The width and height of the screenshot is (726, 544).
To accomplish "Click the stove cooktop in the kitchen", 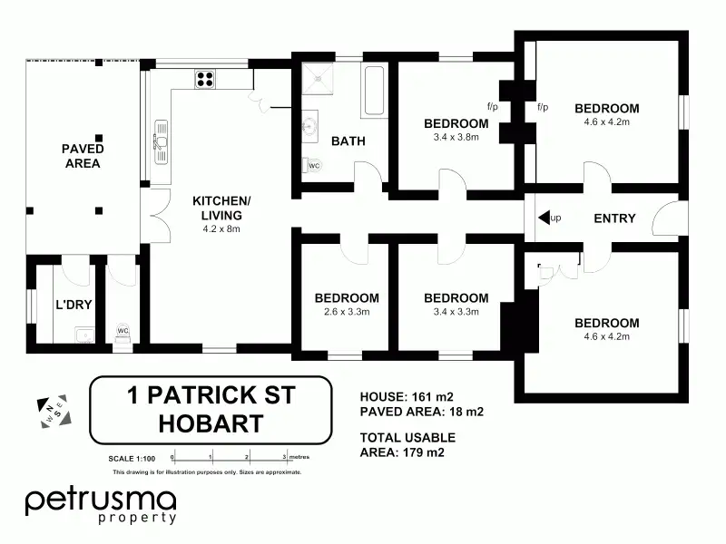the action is (205, 79).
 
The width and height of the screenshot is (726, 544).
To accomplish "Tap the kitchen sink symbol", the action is (161, 141).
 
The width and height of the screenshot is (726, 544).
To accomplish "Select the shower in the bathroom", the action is (318, 79).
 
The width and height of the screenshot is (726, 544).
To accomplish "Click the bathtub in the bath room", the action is (374, 92).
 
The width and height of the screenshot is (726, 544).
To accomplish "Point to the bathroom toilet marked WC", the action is (312, 165).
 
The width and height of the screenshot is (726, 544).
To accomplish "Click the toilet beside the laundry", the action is (123, 334).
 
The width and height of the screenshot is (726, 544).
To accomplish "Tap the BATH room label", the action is (348, 141).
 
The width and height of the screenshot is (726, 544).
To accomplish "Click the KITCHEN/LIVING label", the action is (221, 208).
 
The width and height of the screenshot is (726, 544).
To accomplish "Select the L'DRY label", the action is (74, 305).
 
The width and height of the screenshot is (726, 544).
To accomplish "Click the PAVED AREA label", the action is (83, 156).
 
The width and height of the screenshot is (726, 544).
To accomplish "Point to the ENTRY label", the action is (614, 219).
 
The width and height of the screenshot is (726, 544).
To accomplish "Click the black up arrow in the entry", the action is (544, 217).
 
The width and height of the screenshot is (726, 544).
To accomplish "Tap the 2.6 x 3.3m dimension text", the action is (347, 312).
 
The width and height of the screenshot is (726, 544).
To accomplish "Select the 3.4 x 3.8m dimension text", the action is (456, 137).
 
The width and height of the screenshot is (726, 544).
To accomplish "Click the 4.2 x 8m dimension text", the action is (221, 229).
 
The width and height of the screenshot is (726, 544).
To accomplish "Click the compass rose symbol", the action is (54, 412).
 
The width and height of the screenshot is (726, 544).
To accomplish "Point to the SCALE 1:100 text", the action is (132, 459).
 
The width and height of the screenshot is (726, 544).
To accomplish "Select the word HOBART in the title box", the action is (211, 423).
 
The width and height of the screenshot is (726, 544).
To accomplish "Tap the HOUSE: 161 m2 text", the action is (407, 397).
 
